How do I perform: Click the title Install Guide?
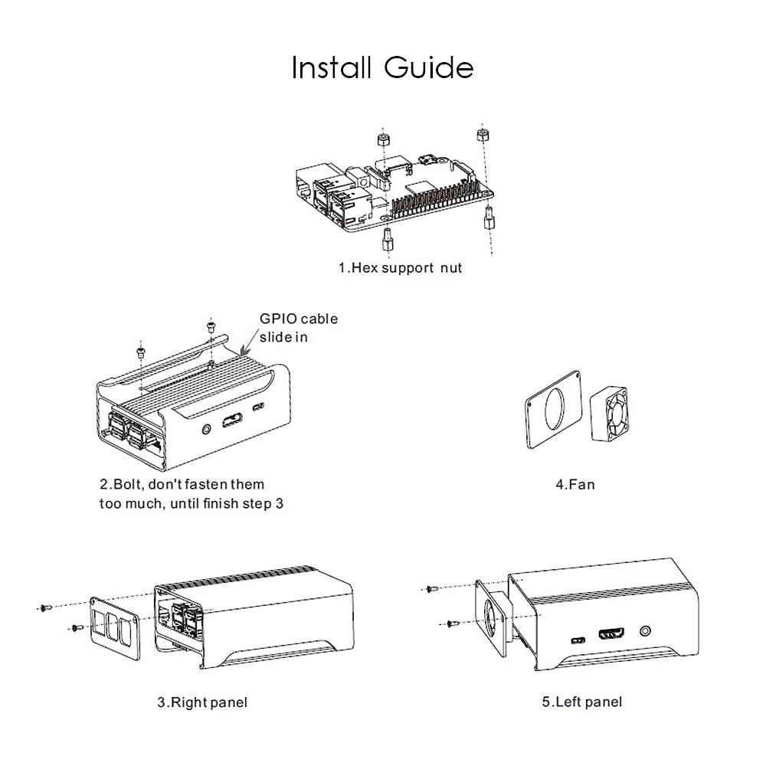[x=382, y=67]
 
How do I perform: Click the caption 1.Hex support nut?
[x=400, y=269]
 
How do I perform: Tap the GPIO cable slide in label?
[x=298, y=327]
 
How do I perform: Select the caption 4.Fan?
[x=574, y=484]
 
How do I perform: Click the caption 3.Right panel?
[x=202, y=702]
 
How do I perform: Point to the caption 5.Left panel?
[x=581, y=702]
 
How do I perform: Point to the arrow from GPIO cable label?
[x=249, y=340]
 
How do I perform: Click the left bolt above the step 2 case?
[x=140, y=352]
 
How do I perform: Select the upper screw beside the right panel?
[x=45, y=607]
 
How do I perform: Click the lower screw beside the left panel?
[x=452, y=624]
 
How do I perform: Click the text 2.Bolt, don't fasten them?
[x=182, y=484]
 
